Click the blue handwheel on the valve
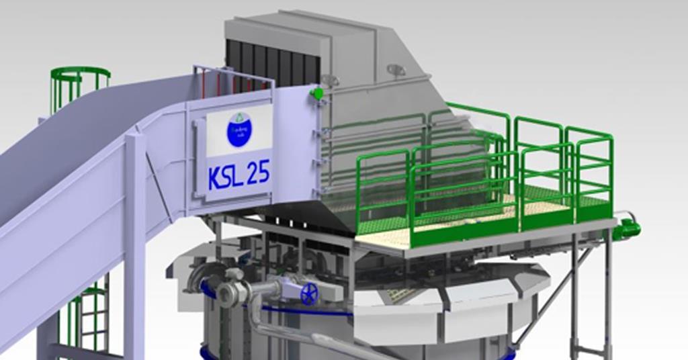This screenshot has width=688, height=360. coord(309,294)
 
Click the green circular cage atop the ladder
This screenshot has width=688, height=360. coord(80,77)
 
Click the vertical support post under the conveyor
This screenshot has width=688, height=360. coord(134,269)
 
